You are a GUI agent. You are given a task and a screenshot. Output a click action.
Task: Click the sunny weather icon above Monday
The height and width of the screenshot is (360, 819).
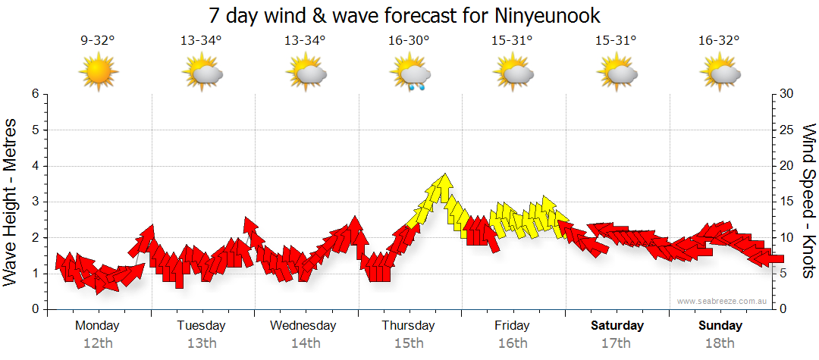tap(99, 73)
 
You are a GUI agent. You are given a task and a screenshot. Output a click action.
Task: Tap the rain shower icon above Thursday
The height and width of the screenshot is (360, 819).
tap(410, 74)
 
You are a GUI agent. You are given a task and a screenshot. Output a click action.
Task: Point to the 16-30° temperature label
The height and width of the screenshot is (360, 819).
tap(409, 41)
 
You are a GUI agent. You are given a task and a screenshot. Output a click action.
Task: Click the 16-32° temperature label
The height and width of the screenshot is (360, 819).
tap(719, 41)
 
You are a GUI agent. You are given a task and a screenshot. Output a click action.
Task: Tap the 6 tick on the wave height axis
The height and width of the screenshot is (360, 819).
tap(35, 94)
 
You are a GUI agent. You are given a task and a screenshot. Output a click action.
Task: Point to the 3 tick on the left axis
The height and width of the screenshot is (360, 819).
tap(35, 202)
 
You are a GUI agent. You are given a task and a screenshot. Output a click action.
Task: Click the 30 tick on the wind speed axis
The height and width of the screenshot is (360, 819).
tap(786, 94)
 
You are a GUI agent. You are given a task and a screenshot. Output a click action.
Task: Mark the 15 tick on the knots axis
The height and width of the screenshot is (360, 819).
tap(786, 202)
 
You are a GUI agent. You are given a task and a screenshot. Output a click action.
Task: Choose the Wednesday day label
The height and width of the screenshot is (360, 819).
tap(303, 326)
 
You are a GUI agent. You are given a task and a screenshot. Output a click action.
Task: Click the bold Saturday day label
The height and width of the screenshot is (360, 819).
tap(617, 326)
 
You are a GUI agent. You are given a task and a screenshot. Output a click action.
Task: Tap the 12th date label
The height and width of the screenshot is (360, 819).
tap(98, 343)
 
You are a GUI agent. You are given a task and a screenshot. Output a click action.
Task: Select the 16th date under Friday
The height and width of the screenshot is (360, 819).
tap(513, 343)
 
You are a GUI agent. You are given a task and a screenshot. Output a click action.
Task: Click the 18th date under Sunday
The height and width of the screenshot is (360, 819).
tap(720, 343)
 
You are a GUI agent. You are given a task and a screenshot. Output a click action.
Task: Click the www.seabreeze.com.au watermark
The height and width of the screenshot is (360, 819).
tap(723, 302)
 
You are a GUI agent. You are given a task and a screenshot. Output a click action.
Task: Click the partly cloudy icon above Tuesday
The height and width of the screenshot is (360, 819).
tap(202, 74)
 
